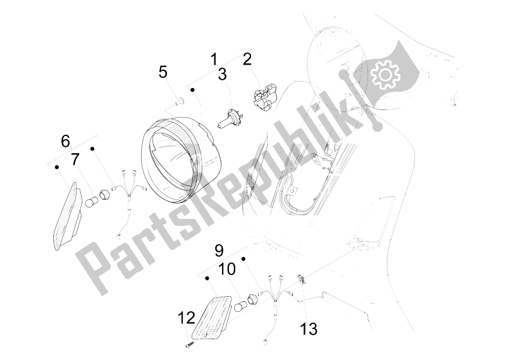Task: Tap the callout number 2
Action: point(247,60)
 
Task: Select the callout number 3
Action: point(222,75)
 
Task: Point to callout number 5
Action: point(163,71)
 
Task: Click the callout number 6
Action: point(65,141)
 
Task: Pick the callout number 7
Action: point(75,159)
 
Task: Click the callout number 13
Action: point(309,328)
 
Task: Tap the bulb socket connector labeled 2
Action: point(264,96)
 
